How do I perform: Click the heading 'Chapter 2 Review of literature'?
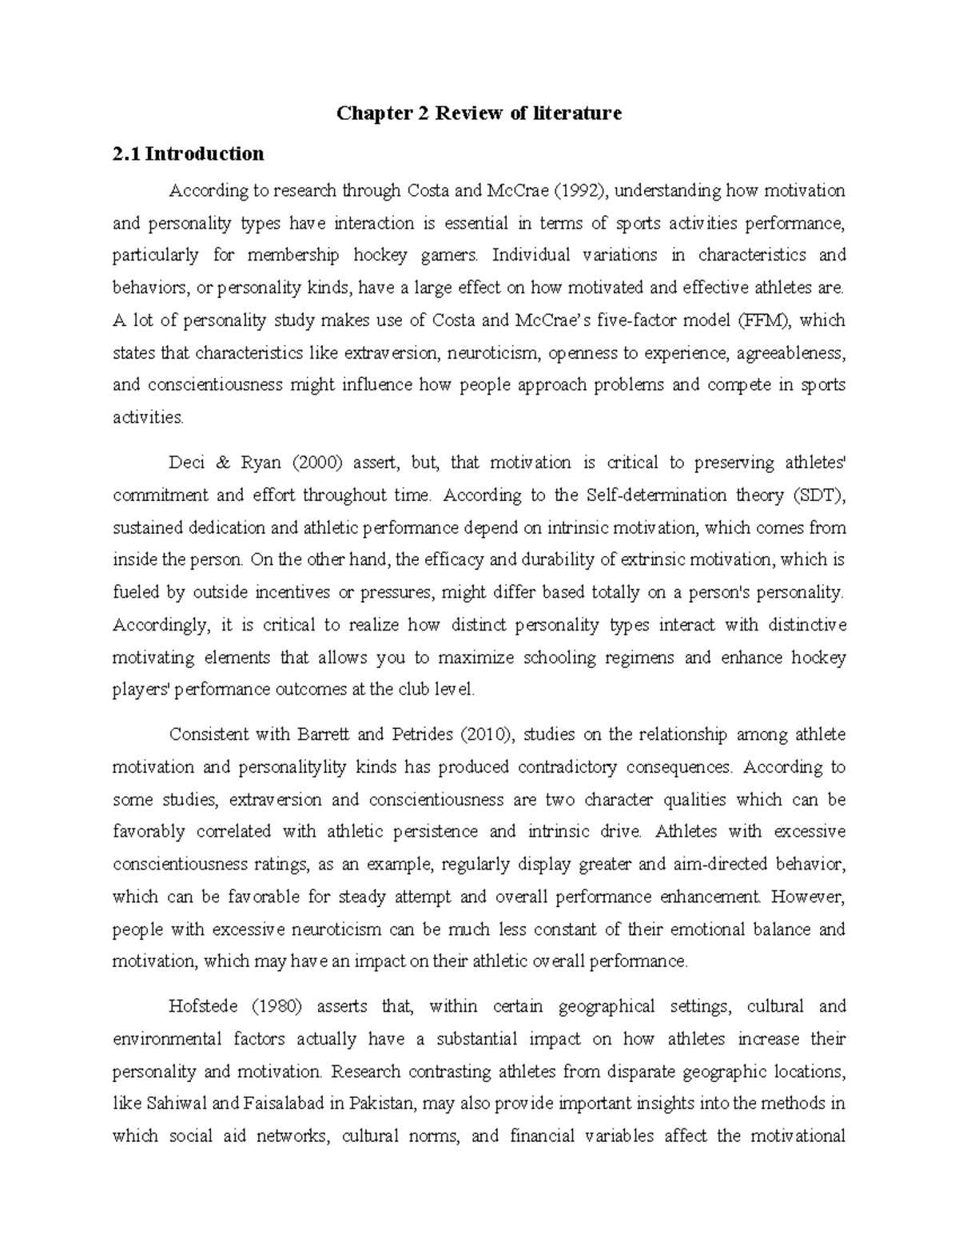479,113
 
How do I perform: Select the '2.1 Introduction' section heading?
189,153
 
